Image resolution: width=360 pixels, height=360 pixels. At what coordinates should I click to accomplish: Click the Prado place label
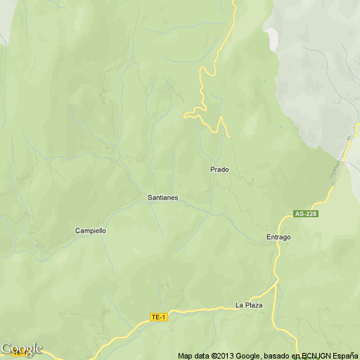[x=219, y=169]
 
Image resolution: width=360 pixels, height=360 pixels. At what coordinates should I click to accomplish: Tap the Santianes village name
[x=162, y=198]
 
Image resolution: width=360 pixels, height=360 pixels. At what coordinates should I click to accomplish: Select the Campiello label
[x=90, y=231]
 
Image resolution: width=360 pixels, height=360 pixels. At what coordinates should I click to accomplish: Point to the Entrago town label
[x=278, y=237]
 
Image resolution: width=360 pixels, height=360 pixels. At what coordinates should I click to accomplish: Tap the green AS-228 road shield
[x=307, y=214]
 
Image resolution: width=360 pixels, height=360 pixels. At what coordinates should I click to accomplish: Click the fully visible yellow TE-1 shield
[x=159, y=318]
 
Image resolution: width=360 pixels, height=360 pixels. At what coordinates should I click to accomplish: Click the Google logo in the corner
[x=21, y=349]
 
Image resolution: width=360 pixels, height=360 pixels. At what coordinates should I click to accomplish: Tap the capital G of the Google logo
[x=6, y=349]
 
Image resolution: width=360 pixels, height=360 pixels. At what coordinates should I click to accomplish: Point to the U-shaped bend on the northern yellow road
[x=203, y=72]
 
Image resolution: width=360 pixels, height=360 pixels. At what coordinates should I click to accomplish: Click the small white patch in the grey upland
[x=272, y=33]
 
